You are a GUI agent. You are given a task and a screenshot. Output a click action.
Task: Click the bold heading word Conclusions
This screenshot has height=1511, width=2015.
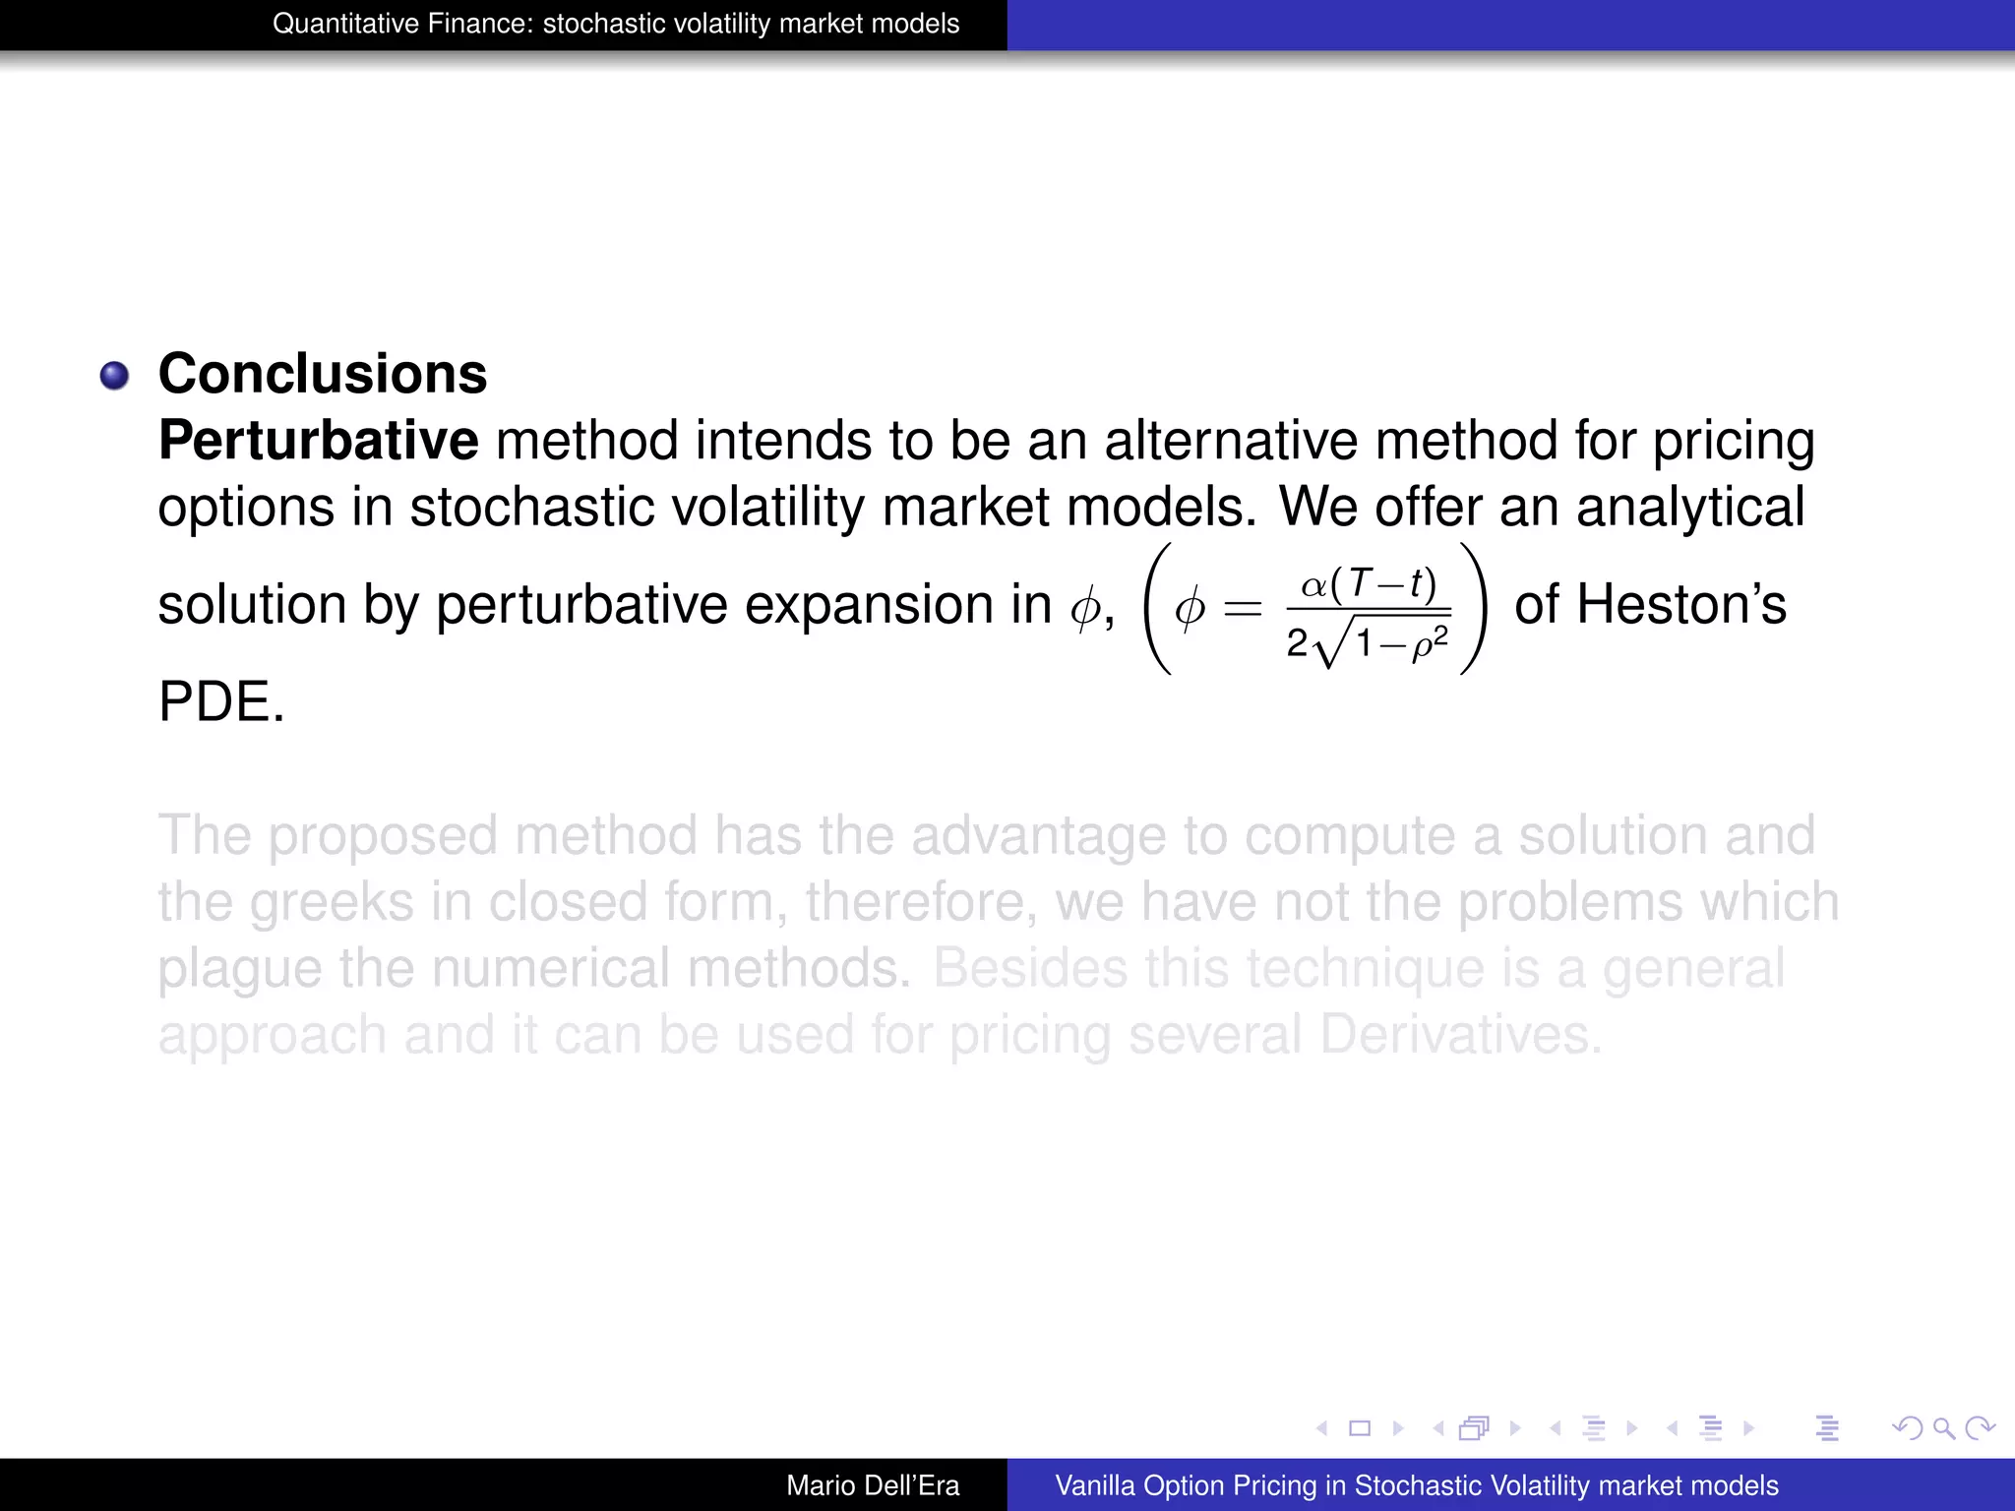323,374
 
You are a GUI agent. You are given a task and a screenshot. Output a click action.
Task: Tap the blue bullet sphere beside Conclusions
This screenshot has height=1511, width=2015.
115,376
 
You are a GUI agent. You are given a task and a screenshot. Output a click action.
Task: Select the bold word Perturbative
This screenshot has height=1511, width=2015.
318,441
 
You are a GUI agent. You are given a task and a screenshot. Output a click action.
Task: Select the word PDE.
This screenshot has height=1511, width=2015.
220,702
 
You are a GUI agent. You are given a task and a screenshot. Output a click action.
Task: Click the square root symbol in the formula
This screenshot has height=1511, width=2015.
1328,641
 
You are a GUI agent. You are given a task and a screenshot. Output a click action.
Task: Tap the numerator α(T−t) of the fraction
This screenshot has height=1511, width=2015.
1369,584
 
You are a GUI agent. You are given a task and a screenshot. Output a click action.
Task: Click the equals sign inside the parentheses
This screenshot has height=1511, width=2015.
1243,609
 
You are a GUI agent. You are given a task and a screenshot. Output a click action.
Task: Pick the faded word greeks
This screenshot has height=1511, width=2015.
332,902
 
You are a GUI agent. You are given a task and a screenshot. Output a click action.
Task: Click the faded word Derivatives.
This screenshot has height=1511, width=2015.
1461,1035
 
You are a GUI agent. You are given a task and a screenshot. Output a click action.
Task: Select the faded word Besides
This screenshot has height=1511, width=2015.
1030,968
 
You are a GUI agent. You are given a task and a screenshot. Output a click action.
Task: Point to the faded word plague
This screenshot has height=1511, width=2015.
239,970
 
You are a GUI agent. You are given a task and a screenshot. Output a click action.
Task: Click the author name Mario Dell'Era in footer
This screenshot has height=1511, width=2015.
873,1485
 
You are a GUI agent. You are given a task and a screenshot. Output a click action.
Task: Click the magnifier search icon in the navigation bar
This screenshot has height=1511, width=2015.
1943,1427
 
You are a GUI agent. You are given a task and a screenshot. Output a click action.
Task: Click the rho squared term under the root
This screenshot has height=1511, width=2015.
1429,644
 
